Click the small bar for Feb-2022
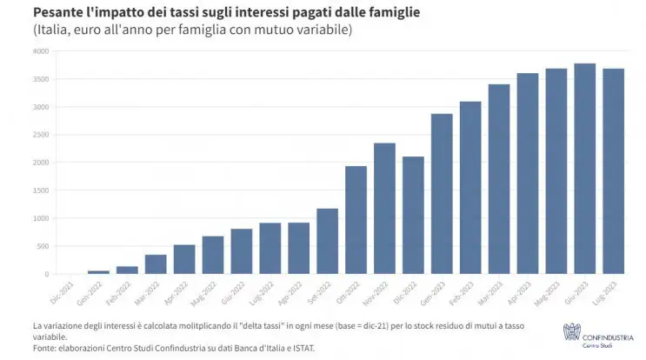[127, 270]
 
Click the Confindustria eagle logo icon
[570, 329]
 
